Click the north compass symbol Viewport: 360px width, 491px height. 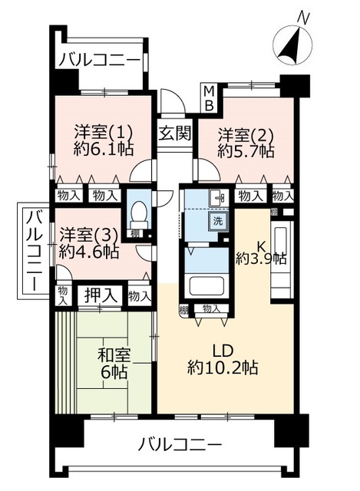292,46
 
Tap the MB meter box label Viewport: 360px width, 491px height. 209,97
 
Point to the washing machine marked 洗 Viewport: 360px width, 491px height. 218,221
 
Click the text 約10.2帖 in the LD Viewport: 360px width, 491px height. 223,367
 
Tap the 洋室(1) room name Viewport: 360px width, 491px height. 104,133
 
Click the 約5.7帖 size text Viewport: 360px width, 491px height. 246,152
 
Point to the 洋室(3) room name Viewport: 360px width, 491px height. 89,236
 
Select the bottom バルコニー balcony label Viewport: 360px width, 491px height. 180,445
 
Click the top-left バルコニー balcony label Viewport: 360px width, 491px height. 99,60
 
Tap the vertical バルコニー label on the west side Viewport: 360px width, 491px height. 33,251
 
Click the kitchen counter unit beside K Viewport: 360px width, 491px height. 282,259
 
